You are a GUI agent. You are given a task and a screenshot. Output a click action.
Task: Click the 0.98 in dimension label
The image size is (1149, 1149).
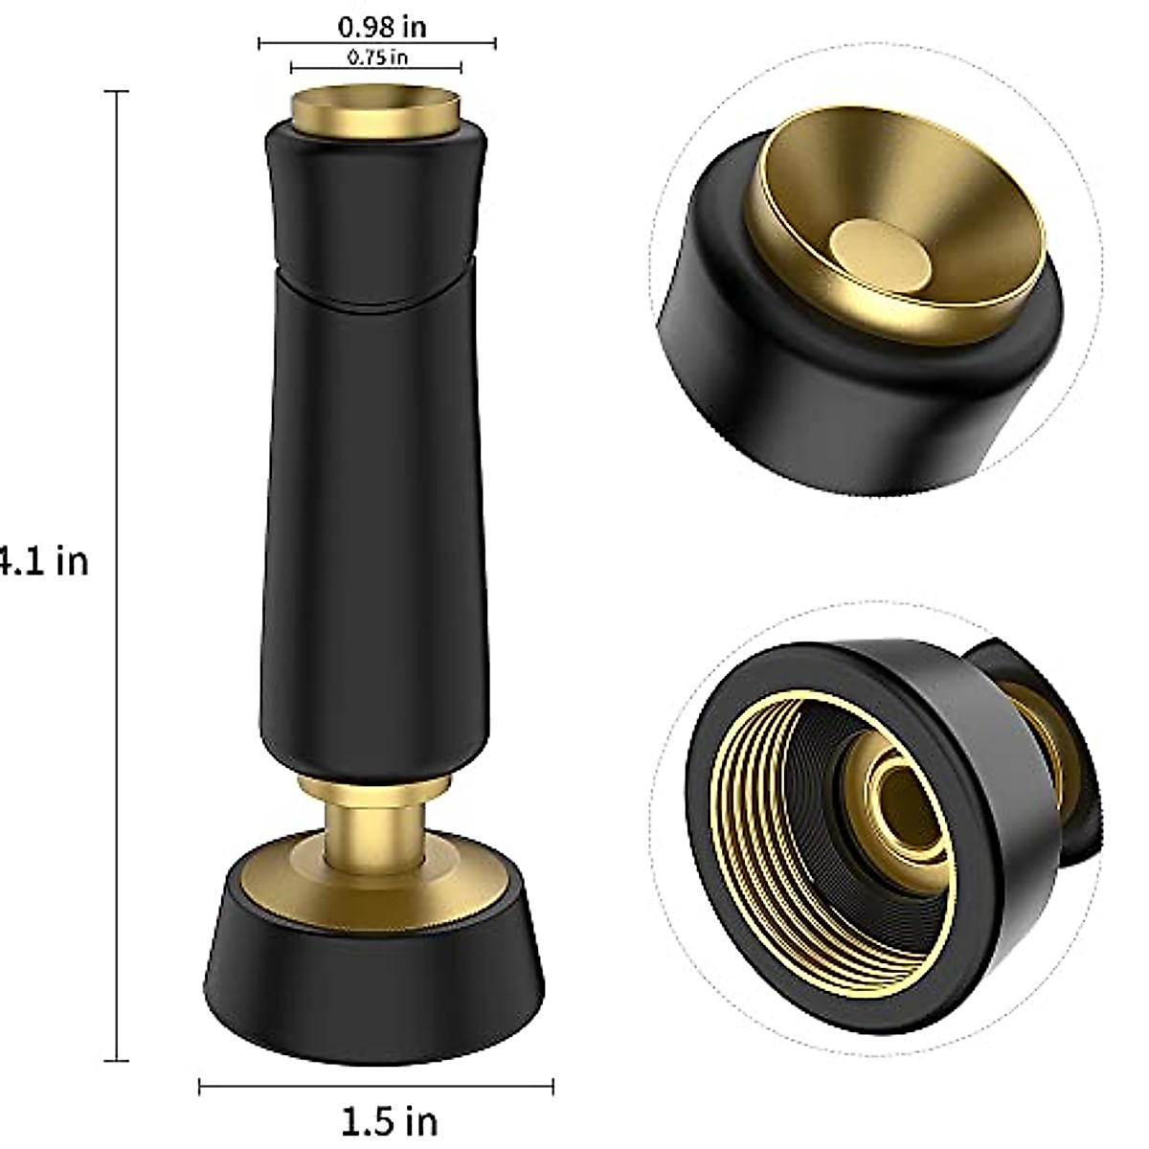(382, 26)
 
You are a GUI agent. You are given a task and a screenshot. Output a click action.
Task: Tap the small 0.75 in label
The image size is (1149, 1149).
(377, 57)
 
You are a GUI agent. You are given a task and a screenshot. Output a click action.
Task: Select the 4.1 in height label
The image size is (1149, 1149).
(43, 560)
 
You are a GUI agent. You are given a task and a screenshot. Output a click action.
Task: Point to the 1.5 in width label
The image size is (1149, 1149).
(389, 1118)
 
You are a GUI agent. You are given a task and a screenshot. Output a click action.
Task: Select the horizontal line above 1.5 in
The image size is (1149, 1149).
(375, 1085)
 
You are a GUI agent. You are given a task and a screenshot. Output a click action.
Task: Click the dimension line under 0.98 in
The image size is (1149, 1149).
(376, 42)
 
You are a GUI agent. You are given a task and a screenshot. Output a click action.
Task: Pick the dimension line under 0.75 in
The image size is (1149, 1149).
(376, 67)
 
